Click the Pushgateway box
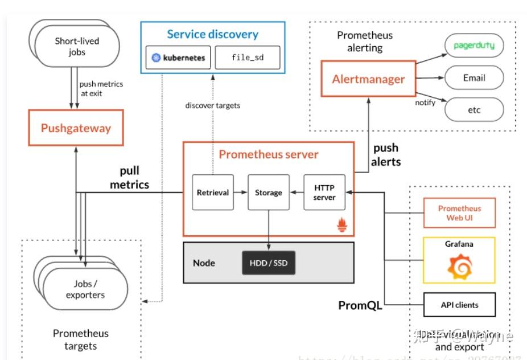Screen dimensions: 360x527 pos(76,128)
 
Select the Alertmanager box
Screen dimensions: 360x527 pos(368,79)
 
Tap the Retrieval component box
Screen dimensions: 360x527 pos(213,193)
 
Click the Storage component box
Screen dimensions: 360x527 pos(268,193)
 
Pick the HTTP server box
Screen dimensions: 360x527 pos(324,193)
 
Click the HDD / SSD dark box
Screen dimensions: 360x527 pos(269,263)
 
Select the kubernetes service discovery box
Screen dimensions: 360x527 pos(178,58)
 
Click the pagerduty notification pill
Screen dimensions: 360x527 pos(474,46)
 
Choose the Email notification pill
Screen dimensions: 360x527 pos(474,78)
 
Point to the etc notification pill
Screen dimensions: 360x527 pos(474,109)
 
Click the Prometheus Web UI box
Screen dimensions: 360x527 pos(459,212)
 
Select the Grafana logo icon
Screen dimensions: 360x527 pos(459,267)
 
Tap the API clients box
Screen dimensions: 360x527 pos(459,305)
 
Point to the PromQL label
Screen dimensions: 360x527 pos(359,306)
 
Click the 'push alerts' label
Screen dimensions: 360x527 pos(386,155)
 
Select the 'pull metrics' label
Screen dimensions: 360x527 pos(130,178)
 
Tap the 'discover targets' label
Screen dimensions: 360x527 pos(213,105)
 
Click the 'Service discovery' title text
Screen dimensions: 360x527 pos(213,34)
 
